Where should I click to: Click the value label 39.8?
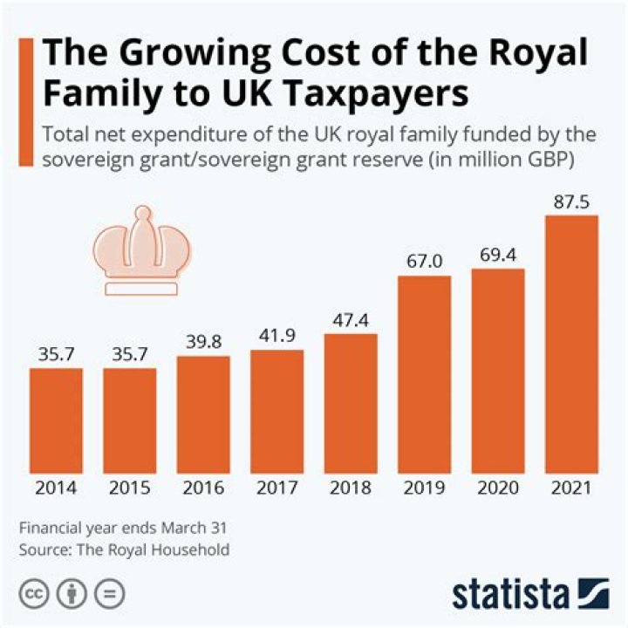coord(203,340)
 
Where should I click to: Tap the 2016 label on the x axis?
coord(203,488)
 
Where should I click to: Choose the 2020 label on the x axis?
coord(497,488)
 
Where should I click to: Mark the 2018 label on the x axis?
coord(351,488)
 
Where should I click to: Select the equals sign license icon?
coord(109,594)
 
